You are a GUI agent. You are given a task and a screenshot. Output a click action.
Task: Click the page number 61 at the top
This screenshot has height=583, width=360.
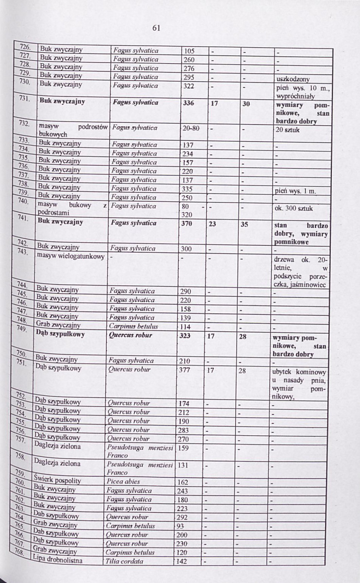tap(156, 28)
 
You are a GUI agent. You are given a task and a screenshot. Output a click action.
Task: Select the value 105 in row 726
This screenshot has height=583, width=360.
tap(189, 51)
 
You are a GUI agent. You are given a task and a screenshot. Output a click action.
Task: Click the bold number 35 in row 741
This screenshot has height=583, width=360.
tap(245, 224)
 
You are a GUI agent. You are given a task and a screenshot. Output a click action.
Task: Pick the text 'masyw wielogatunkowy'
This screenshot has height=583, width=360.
tap(70, 257)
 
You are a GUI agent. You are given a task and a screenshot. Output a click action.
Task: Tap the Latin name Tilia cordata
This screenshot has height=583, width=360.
tap(124, 561)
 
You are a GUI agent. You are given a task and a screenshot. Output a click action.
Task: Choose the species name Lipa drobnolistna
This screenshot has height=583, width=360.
tap(58, 560)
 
